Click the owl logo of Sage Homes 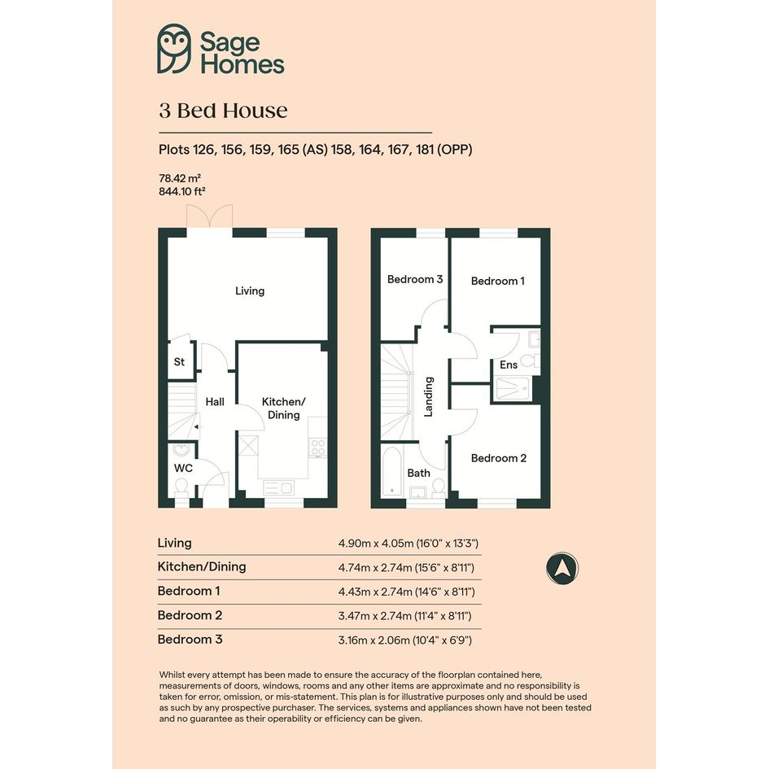point(174,49)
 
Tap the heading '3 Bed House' point(223,111)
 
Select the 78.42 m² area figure point(180,178)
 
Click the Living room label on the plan point(250,291)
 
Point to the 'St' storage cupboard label point(179,362)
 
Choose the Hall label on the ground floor point(215,402)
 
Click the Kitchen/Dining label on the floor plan point(283,408)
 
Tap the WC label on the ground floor point(183,468)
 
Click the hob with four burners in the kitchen point(318,448)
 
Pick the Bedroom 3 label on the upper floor point(415,280)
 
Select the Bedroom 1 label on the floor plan point(498,281)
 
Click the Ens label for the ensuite point(509,365)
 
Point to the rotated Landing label point(429,396)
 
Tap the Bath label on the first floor point(419,474)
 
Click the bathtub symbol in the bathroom point(392,471)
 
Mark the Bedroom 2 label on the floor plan point(499,458)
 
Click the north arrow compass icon point(562,569)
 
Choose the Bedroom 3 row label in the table point(190,640)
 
